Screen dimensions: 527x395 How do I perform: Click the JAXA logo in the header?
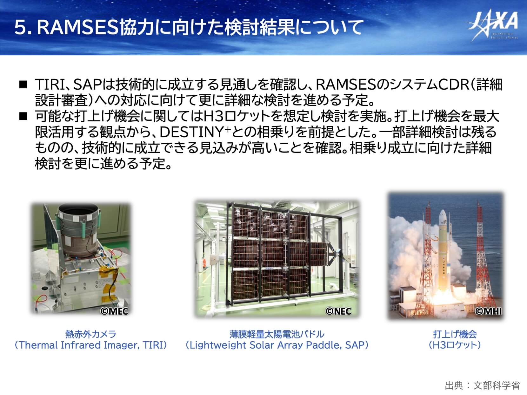(493, 25)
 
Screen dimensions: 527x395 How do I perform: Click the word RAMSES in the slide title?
(78, 27)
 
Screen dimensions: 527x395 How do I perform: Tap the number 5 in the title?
(20, 27)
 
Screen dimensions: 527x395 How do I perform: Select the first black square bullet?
(23, 85)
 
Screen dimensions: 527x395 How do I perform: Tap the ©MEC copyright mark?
(114, 311)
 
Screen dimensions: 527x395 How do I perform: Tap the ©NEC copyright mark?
(338, 311)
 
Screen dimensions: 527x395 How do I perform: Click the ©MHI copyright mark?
(488, 311)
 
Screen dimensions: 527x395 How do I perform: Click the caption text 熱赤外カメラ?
(91, 334)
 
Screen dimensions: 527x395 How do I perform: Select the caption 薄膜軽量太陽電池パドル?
(277, 334)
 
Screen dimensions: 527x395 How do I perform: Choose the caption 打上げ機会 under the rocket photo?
(455, 334)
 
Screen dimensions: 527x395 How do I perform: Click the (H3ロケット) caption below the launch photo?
(455, 345)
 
